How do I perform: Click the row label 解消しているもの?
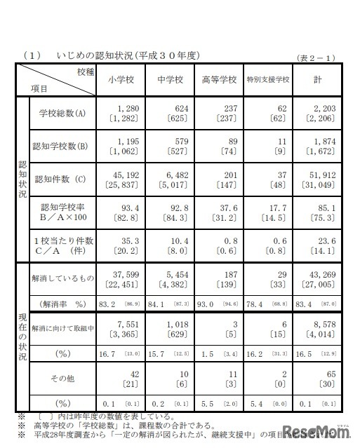pos(62,279)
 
